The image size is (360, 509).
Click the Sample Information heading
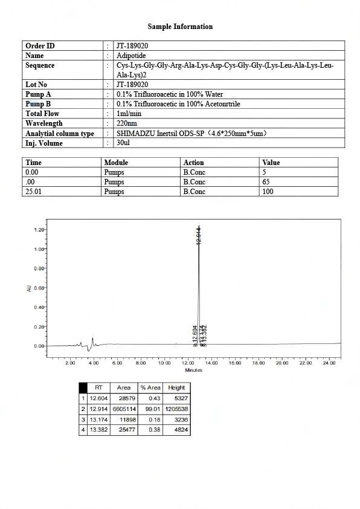click(x=180, y=27)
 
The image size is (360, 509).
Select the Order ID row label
click(x=40, y=46)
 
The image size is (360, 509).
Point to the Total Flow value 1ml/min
click(x=129, y=114)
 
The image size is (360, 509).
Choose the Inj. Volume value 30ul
click(x=123, y=143)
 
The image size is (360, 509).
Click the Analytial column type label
click(x=59, y=134)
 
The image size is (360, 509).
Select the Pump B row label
click(x=38, y=104)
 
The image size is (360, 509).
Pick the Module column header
click(x=116, y=163)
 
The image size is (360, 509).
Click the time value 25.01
click(x=33, y=192)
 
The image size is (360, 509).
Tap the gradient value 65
click(x=266, y=182)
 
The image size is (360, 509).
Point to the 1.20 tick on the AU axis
click(x=39, y=230)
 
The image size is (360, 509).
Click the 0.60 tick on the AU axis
click(x=39, y=288)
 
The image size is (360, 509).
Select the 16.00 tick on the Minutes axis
click(x=234, y=363)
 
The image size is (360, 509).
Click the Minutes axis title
click(x=193, y=370)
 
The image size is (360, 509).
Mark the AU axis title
click(x=28, y=288)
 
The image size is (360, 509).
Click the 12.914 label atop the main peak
click(x=199, y=235)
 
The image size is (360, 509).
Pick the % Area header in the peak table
click(x=150, y=387)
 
